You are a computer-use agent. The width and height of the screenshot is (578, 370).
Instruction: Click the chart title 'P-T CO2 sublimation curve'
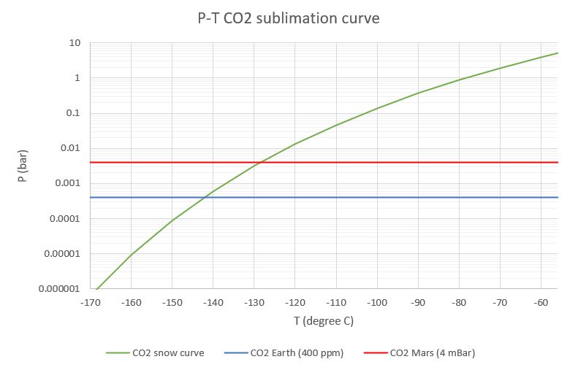coord(289,18)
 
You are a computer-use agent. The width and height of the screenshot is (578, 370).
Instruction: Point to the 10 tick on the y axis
coord(74,43)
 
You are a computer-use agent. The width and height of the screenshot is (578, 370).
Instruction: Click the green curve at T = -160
coord(131,254)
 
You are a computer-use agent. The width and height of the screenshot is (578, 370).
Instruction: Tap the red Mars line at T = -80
coord(460,162)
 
